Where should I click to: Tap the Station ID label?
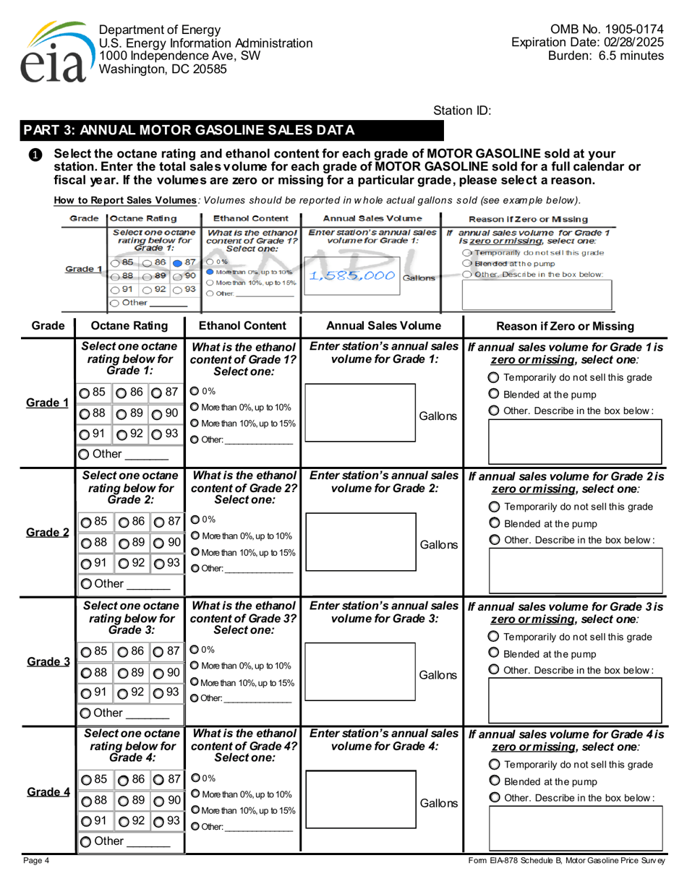tap(461, 111)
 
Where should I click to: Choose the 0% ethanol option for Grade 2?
tap(194, 519)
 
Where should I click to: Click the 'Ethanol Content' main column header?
tap(241, 325)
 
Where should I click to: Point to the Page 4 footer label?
tap(35, 861)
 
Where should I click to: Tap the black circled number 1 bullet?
tap(35, 155)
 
